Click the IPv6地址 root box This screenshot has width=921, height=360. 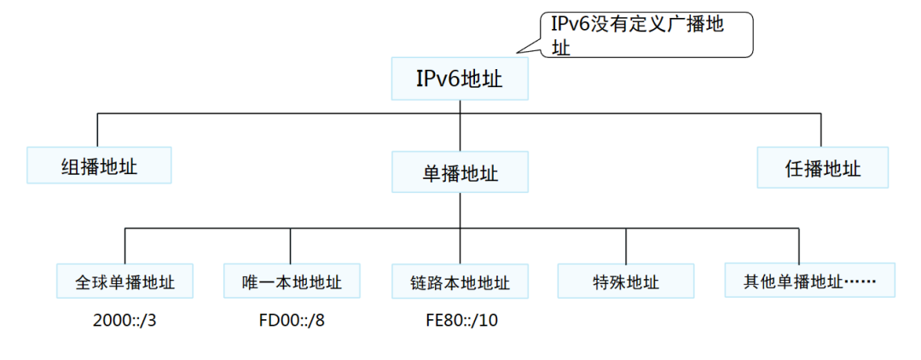click(460, 79)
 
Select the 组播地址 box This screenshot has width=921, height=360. click(99, 165)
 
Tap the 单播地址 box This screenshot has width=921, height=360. click(460, 171)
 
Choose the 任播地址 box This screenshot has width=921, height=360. click(822, 167)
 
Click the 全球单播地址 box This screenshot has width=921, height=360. click(125, 281)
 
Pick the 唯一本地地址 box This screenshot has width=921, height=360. click(291, 281)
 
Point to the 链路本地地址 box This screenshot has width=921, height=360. click(460, 282)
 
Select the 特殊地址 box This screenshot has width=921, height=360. click(626, 281)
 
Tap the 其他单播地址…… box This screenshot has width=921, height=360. click(809, 280)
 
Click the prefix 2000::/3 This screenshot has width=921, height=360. click(125, 323)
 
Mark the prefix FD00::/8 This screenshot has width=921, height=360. click(291, 323)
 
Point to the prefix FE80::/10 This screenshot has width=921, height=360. click(460, 323)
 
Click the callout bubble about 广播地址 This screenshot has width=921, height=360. click(647, 35)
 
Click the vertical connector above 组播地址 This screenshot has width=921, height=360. click(98, 130)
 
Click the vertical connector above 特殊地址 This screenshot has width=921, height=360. click(626, 247)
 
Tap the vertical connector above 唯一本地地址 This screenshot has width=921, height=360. click(291, 247)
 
